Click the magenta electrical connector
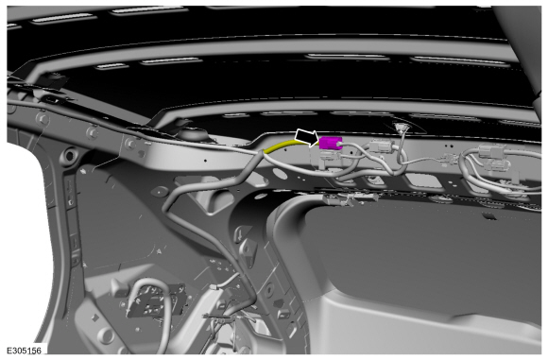331,143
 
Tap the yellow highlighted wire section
281,146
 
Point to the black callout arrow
307,138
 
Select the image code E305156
24,351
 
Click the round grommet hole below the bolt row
69,156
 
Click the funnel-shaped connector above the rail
399,128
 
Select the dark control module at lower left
156,300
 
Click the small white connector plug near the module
214,287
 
